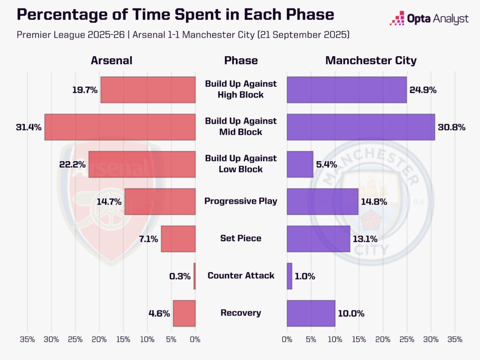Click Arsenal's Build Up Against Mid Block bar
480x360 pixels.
click(120, 127)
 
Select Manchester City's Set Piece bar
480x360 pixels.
click(318, 239)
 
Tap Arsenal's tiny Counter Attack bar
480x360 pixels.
click(195, 276)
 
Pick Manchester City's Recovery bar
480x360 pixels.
click(311, 313)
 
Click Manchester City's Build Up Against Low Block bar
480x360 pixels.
click(300, 164)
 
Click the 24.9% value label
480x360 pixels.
click(423, 90)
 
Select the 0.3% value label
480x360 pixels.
click(180, 276)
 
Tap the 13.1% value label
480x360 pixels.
click(365, 239)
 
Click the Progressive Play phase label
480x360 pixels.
click(241, 201)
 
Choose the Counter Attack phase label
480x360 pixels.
click(241, 276)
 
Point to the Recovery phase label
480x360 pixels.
click(241, 313)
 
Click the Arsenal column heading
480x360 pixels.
click(112, 60)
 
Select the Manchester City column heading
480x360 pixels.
click(371, 60)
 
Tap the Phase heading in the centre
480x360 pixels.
click(241, 60)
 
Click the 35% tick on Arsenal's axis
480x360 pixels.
click(28, 339)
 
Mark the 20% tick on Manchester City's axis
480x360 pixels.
click(383, 339)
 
